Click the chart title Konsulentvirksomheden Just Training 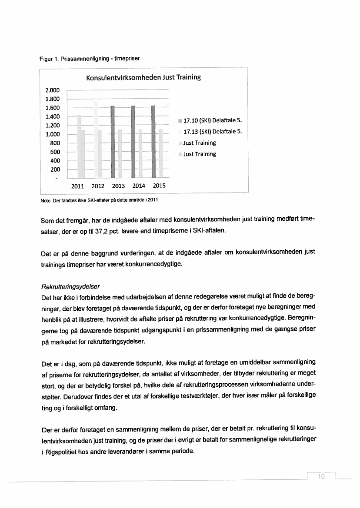click(x=143, y=78)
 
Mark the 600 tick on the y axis click(x=56, y=152)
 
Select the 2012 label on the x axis click(x=98, y=186)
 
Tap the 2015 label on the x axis click(x=159, y=186)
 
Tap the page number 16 click(x=321, y=477)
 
